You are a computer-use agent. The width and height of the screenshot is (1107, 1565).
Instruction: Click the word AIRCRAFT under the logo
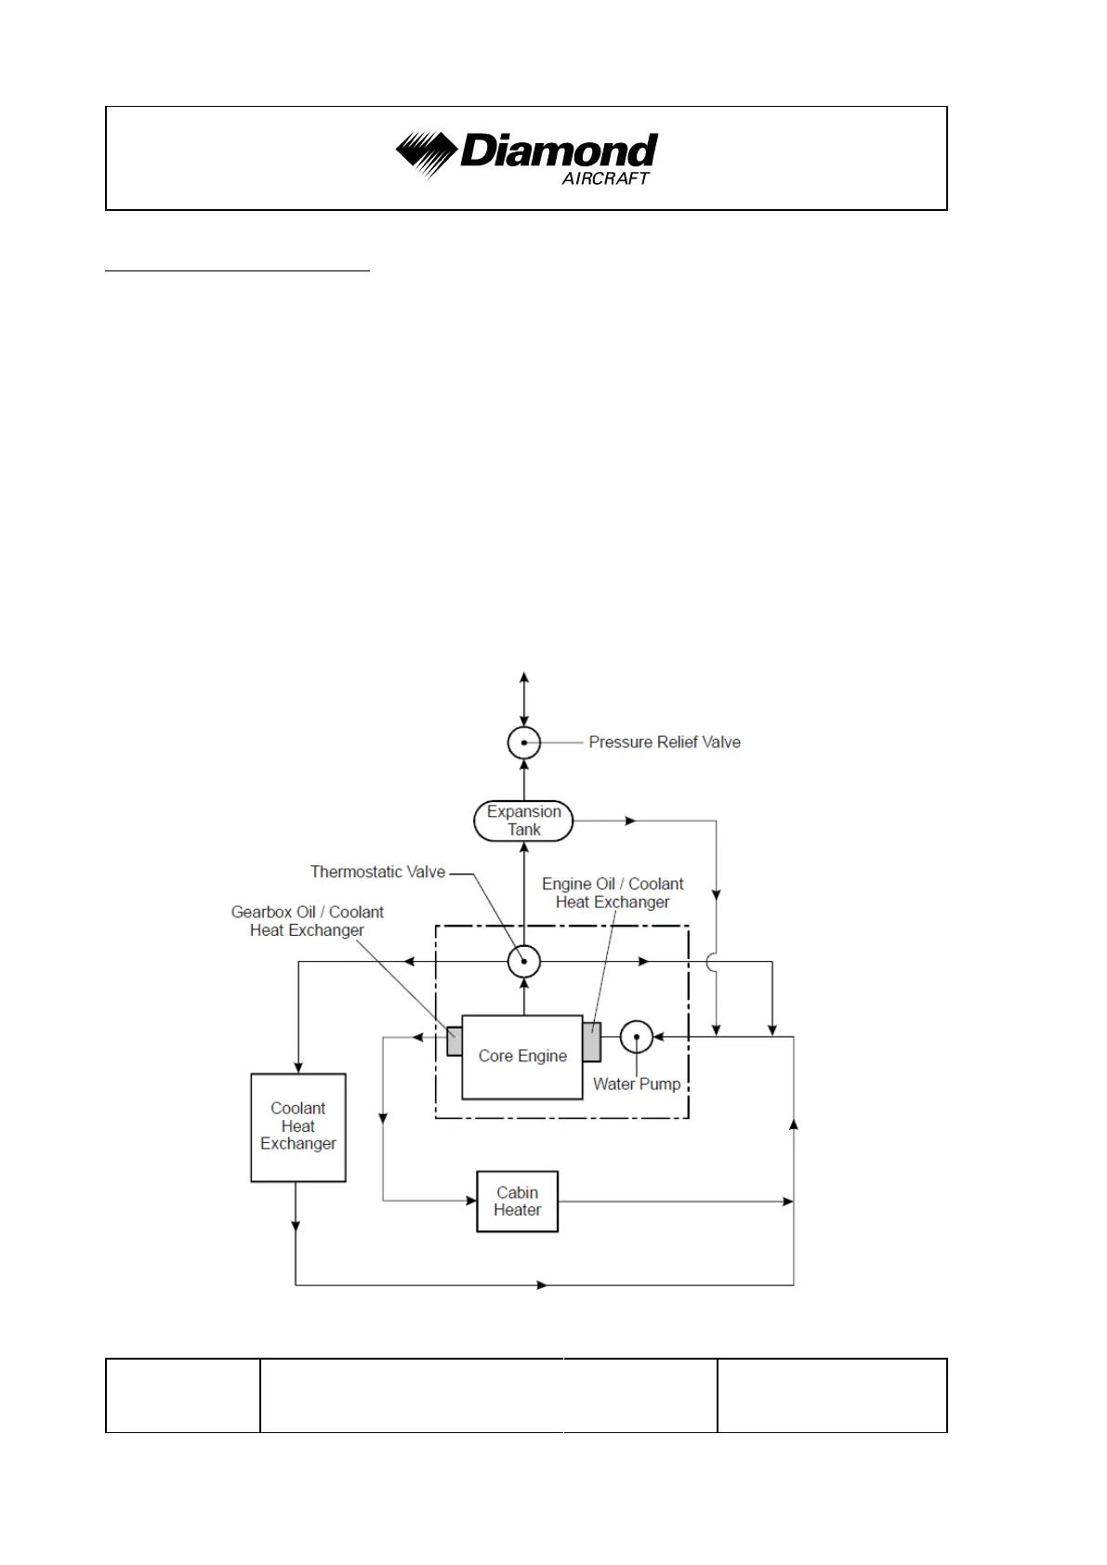605,178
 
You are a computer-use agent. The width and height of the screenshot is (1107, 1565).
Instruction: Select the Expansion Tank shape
523,821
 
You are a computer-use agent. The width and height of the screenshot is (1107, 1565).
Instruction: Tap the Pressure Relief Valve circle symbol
524,743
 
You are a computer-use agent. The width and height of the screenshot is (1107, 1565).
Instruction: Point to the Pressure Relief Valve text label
665,743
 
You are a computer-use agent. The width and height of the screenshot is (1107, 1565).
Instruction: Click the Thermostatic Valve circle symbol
524,961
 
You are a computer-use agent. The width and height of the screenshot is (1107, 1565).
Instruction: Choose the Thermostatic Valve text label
377,872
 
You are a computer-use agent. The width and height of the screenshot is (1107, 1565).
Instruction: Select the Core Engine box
522,1057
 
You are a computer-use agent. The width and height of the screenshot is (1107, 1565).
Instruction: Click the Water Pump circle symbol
637,1036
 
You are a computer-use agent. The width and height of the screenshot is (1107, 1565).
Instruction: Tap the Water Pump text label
637,1084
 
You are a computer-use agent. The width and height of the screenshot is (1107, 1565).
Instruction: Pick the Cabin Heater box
518,1202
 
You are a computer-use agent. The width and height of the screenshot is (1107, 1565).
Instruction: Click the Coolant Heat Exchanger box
298,1127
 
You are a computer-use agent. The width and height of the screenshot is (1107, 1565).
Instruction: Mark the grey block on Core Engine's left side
455,1041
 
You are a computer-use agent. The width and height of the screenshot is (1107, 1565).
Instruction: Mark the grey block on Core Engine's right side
592,1041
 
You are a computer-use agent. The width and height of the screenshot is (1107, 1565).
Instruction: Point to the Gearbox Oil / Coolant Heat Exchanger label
308,921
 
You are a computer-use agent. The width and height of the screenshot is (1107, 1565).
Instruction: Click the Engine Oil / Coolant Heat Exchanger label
613,892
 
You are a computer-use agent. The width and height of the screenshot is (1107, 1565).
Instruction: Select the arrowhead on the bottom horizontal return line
542,1285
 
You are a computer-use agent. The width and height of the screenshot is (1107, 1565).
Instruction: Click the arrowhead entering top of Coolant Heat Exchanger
298,1068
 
